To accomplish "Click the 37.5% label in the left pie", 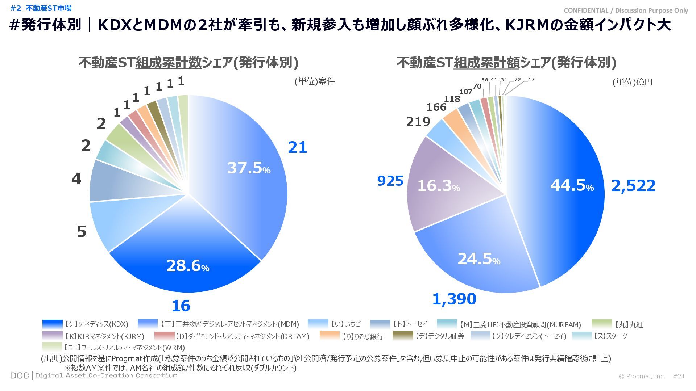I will click(249, 168).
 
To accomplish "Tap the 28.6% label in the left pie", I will click(188, 266).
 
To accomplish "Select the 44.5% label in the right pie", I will click(572, 185).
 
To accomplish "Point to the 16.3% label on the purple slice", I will click(438, 186).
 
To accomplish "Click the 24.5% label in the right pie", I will click(478, 259).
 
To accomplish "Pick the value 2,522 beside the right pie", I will click(633, 186).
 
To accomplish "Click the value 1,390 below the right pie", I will click(454, 299).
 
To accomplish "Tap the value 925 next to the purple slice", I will click(390, 181).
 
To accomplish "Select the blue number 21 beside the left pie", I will click(297, 147).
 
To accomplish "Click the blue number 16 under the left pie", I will click(181, 306).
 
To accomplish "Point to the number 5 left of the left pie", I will click(82, 232).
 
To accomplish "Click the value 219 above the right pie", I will click(418, 122).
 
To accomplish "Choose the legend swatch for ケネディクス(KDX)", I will click(52, 324).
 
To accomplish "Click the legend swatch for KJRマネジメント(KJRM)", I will click(52, 336).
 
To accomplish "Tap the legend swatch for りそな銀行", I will click(330, 336).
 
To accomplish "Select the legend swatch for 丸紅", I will click(601, 324).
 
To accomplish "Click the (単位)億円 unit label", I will click(632, 82).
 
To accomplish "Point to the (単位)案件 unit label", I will click(314, 81).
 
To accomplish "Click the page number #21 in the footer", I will click(679, 377).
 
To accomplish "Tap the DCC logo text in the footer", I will click(20, 376).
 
